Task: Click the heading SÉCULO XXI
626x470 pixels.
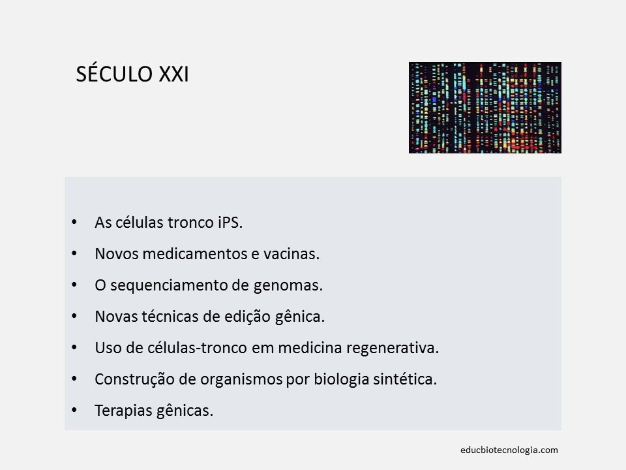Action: tap(132, 74)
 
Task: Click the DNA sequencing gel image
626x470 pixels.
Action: tap(484, 108)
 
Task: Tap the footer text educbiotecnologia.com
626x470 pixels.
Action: tap(509, 450)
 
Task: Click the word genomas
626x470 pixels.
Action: tap(296, 285)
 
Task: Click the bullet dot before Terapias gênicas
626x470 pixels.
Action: tap(73, 411)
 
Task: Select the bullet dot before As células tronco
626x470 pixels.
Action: tap(73, 223)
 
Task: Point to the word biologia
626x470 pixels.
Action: tap(338, 379)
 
